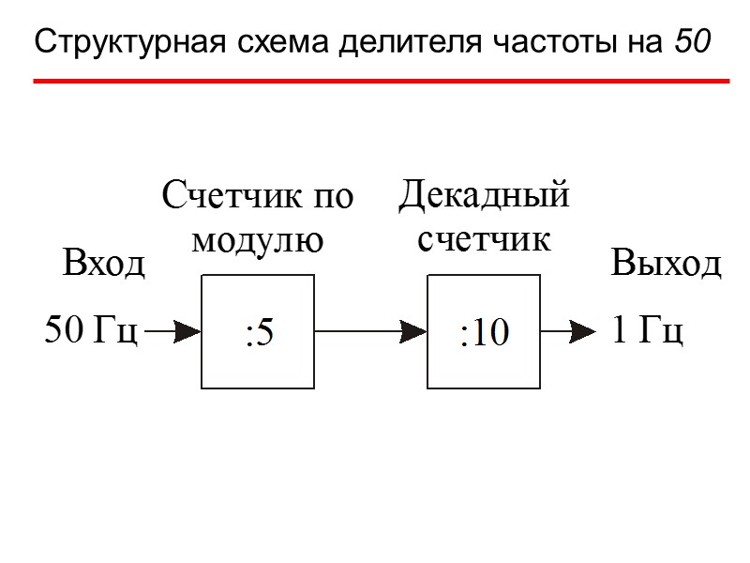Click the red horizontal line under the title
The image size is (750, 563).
click(381, 82)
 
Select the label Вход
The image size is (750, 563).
click(104, 265)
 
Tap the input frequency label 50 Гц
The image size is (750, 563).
click(92, 330)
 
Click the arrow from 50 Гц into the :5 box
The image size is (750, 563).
click(173, 330)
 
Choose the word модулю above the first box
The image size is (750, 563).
click(257, 240)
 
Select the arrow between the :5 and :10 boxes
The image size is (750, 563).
click(370, 330)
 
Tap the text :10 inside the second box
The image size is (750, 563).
click(483, 333)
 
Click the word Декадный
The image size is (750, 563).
click(484, 195)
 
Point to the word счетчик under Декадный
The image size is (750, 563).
click(483, 238)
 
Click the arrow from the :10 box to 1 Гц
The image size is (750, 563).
click(568, 330)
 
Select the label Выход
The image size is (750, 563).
click(666, 264)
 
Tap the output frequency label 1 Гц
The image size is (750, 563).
click(647, 330)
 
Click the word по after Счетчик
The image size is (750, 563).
click(333, 197)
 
